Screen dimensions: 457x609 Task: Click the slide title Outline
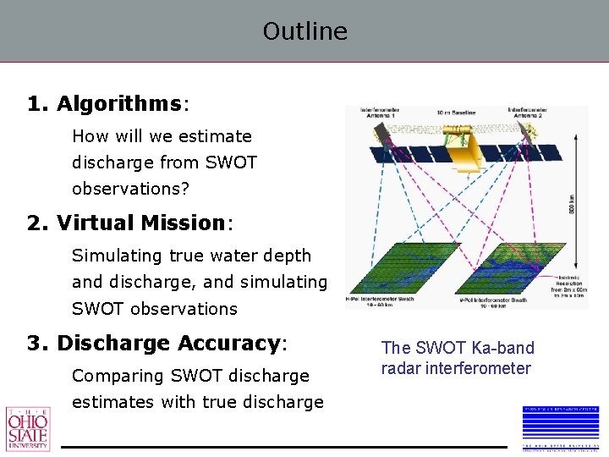point(304,31)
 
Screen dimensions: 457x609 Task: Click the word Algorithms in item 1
point(118,104)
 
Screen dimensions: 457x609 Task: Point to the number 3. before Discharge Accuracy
point(38,344)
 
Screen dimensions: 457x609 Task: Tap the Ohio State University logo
point(28,429)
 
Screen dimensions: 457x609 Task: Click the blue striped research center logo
point(560,427)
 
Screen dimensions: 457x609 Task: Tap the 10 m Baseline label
point(458,112)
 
